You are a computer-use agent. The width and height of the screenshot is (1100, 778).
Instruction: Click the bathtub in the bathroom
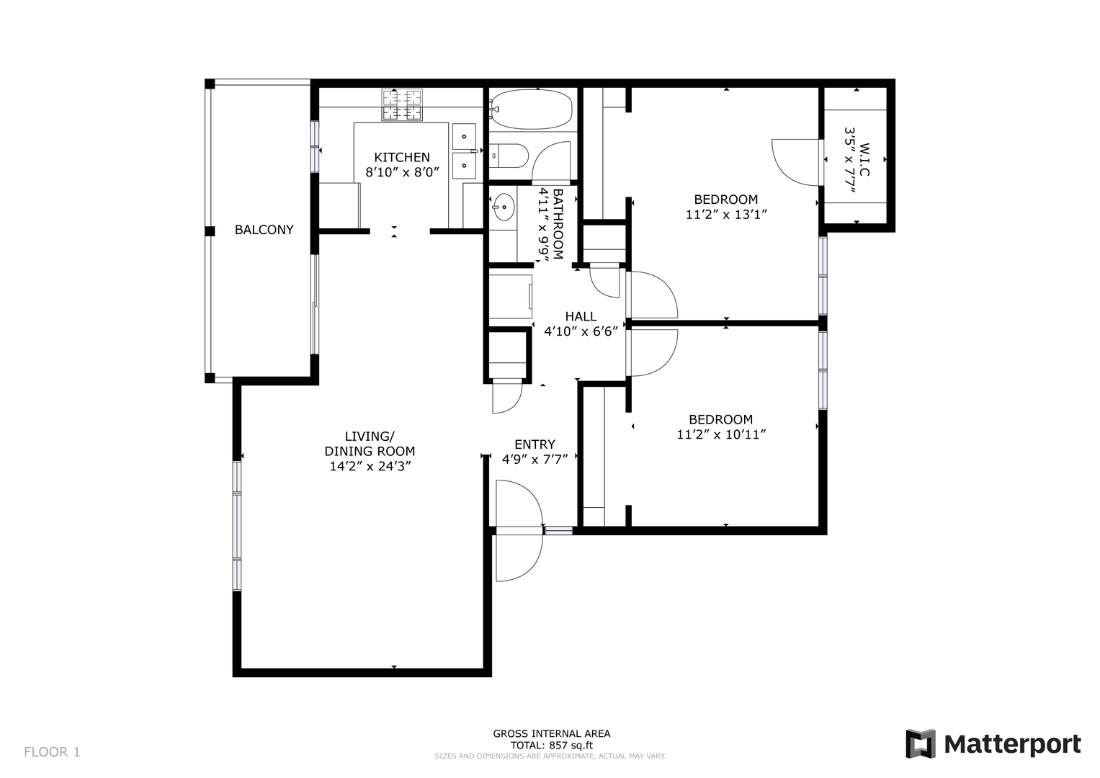532,109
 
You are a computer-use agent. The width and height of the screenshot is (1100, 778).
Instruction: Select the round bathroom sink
504,207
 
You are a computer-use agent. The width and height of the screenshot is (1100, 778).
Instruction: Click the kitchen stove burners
402,104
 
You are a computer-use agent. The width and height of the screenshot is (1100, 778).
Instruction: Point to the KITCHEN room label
402,157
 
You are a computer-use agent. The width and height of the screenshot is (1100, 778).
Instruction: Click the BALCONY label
264,229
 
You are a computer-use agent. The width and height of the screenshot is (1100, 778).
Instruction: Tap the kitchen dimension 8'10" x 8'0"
402,172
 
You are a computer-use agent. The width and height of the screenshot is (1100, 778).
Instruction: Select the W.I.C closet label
864,160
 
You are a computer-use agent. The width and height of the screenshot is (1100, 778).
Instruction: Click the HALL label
581,316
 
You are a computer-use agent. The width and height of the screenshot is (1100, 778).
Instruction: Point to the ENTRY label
535,444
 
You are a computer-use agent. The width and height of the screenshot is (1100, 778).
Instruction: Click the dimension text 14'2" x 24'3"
370,466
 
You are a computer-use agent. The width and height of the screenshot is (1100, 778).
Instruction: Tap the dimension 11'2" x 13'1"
726,215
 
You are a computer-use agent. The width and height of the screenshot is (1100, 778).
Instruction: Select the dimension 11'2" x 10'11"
721,434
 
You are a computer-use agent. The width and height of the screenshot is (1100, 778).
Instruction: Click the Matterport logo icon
920,743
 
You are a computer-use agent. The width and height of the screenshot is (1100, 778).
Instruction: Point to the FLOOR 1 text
52,752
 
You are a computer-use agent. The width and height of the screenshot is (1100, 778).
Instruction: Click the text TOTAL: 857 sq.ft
552,745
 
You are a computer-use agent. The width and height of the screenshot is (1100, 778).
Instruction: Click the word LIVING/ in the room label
370,436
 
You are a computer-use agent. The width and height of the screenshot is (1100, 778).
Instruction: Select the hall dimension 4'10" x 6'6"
581,331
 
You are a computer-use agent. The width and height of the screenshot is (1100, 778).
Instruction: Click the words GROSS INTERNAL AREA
552,733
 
